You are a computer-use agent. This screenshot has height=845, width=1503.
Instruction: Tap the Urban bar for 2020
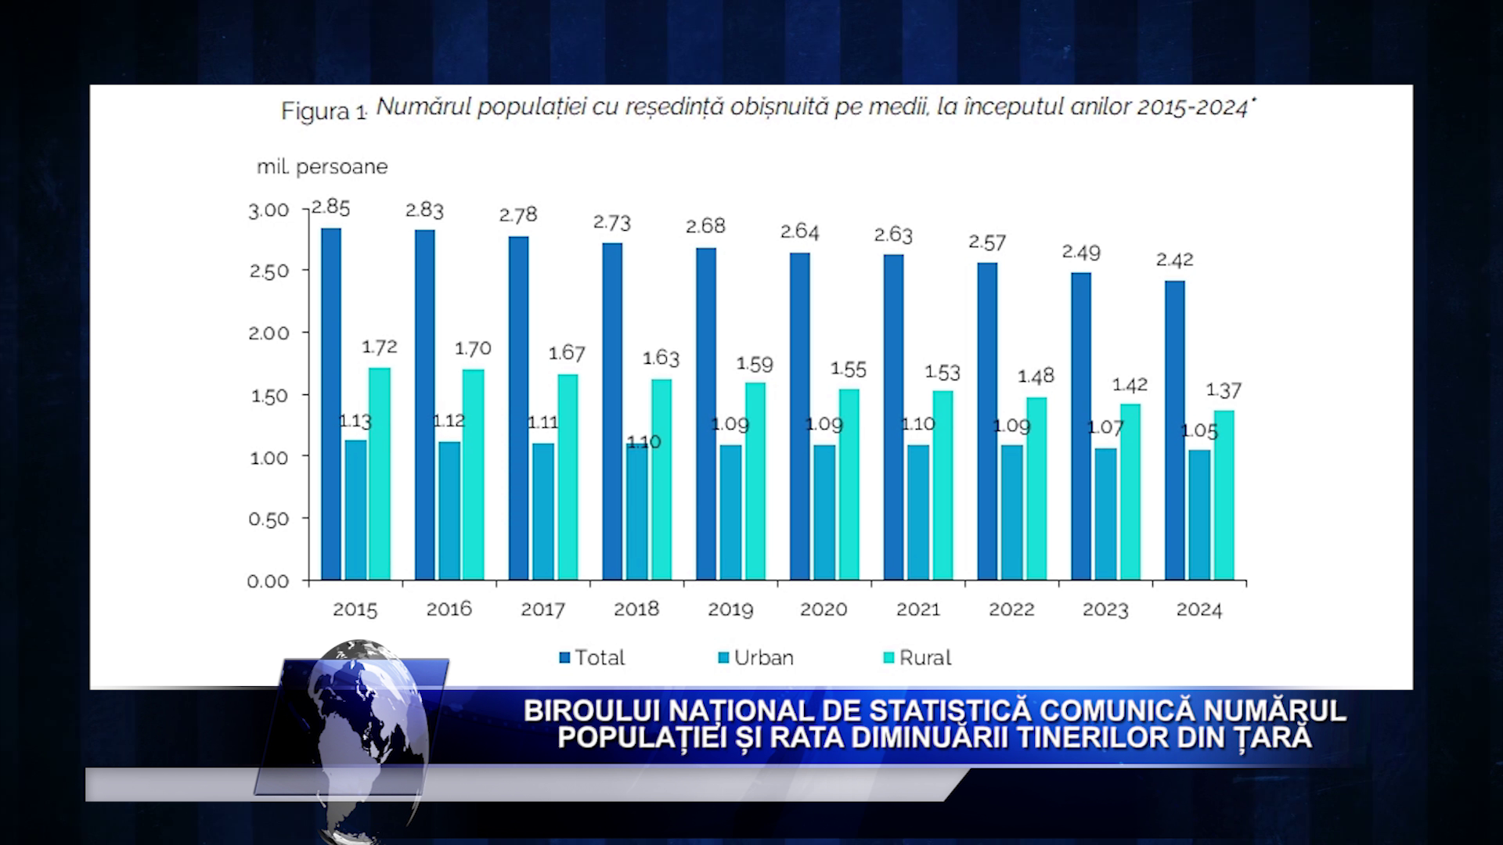coord(824,512)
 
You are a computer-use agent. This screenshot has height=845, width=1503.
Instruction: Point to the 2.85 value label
coord(330,207)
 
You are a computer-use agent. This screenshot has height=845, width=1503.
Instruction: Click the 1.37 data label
coord(1224,390)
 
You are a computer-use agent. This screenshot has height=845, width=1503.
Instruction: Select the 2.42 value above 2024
coord(1174,260)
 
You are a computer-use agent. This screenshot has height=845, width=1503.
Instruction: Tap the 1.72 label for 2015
coord(380,347)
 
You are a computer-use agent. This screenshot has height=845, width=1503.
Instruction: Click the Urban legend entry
coord(755,658)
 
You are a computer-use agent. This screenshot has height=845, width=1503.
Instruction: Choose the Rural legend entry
coord(917,658)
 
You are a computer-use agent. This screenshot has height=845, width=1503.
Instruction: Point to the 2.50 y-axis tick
coord(269,271)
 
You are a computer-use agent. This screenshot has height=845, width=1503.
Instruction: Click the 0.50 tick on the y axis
coord(269,520)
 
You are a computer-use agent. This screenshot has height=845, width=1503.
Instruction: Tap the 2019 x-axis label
coord(730,609)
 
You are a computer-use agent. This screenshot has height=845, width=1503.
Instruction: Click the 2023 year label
coord(1105,609)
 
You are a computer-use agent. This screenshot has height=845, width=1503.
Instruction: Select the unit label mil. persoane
coord(323,167)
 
